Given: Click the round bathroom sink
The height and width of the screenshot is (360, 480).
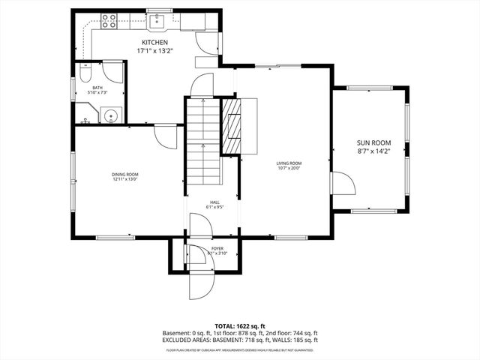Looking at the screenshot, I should click(110, 115).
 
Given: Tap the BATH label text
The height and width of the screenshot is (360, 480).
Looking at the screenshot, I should click(97, 88).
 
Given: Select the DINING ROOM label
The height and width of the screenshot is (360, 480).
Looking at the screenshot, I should click(126, 174).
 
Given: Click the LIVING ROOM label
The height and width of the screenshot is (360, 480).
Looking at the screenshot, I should click(289, 163).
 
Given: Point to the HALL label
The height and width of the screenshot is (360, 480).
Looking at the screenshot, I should click(214, 202).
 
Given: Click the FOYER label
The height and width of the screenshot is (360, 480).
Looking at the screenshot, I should click(216, 248).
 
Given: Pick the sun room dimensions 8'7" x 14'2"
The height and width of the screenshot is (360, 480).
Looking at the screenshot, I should click(373, 151).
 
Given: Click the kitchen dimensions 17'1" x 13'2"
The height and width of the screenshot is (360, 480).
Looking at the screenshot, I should click(155, 51).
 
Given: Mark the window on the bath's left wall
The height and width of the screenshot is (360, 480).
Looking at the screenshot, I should click(73, 87).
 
